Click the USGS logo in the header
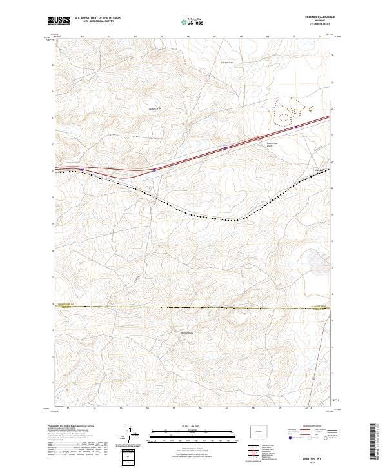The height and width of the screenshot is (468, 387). pos(59,21)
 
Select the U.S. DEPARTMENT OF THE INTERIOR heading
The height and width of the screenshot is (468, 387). pos(97,19)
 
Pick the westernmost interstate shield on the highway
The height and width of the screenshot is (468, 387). pos(83,169)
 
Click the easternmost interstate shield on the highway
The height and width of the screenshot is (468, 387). pos(296,127)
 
